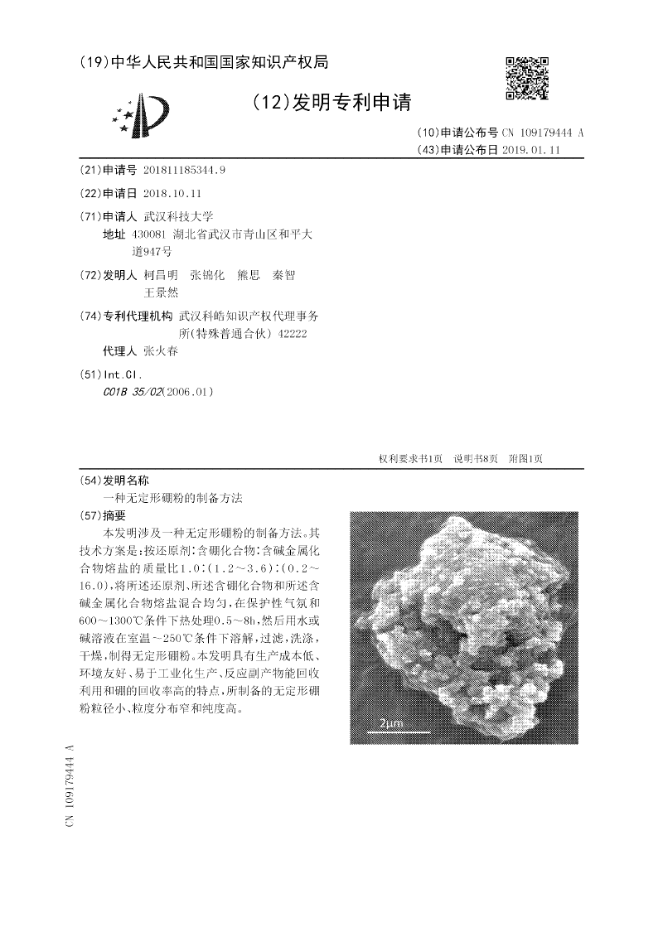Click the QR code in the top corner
(x=528, y=78)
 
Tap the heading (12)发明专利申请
(x=330, y=102)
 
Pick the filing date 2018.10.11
(x=172, y=193)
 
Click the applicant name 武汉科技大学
(x=178, y=216)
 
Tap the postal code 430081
(x=149, y=234)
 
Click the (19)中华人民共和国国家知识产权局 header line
(x=204, y=62)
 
